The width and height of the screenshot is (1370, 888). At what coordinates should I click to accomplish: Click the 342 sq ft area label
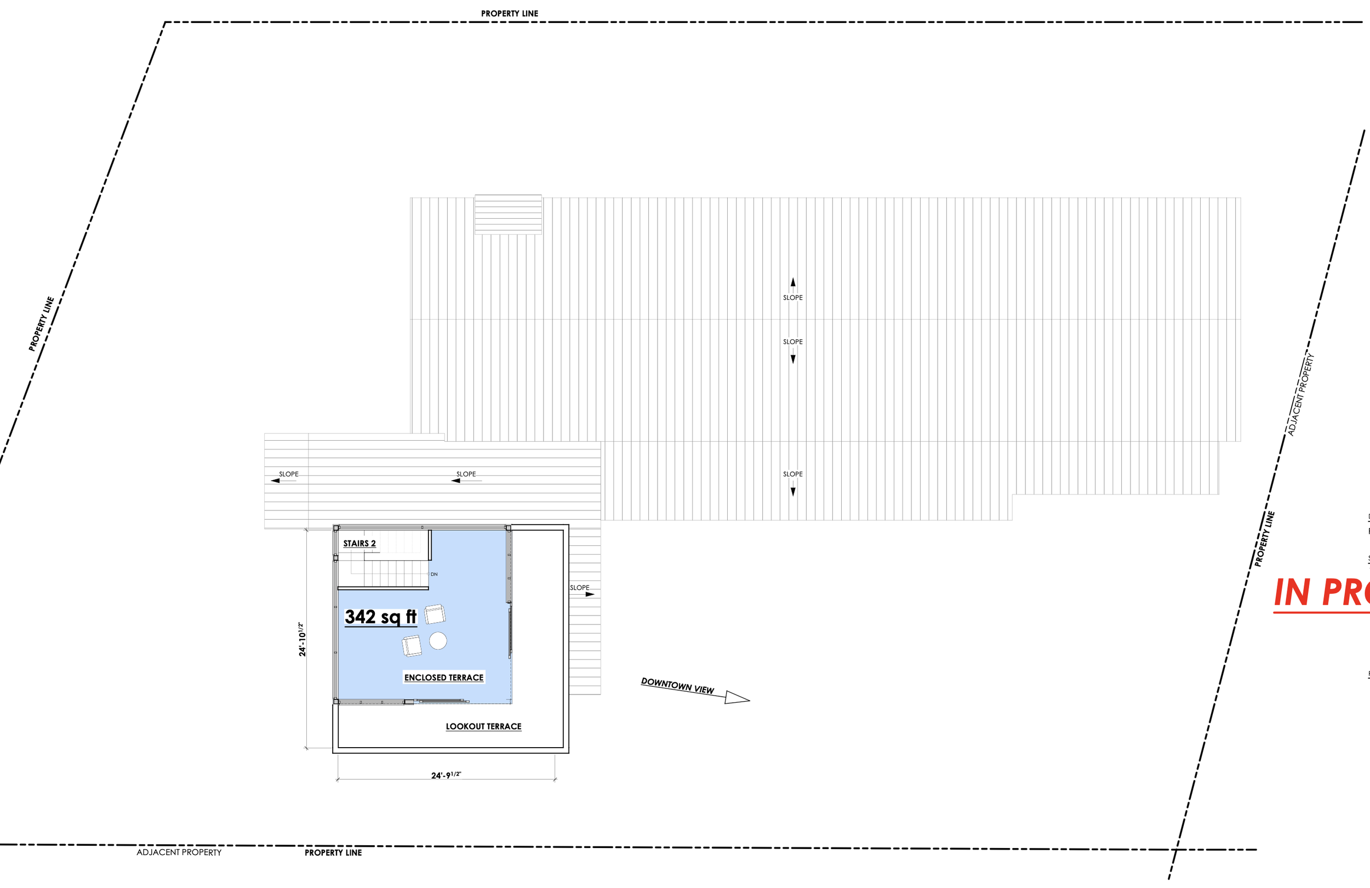(x=380, y=617)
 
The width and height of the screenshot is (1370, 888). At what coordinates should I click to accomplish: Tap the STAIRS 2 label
(x=359, y=543)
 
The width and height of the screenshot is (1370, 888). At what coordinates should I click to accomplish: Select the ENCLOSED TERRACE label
(x=444, y=677)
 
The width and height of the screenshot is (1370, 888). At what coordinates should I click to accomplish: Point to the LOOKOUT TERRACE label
(x=483, y=726)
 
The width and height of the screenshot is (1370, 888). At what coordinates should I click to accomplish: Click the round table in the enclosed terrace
(x=438, y=640)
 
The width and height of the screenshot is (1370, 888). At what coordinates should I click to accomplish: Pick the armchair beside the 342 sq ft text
(x=435, y=614)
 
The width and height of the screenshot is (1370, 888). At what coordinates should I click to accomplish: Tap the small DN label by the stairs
(x=434, y=574)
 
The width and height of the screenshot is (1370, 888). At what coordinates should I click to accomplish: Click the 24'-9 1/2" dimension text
(x=446, y=775)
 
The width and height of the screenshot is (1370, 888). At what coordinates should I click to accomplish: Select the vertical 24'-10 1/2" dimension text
(x=301, y=639)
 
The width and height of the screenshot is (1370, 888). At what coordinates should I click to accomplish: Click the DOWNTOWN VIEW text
(x=677, y=685)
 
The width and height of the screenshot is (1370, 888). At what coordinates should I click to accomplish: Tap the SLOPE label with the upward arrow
(x=792, y=297)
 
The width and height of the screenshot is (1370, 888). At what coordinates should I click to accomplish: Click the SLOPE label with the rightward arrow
(x=580, y=588)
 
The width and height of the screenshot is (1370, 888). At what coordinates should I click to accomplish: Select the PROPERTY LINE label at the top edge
(x=510, y=13)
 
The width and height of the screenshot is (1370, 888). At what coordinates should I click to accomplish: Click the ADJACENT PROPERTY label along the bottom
(x=179, y=852)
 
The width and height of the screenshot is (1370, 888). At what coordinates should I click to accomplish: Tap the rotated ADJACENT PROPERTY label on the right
(x=1301, y=395)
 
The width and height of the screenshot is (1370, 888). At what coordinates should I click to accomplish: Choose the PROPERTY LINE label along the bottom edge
(x=333, y=852)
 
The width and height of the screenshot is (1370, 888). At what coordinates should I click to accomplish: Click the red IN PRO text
(x=1322, y=593)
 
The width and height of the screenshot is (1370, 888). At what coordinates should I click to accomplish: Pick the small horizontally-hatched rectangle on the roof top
(x=507, y=214)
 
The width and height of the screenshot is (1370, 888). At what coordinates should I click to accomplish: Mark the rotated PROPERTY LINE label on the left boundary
(x=41, y=323)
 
